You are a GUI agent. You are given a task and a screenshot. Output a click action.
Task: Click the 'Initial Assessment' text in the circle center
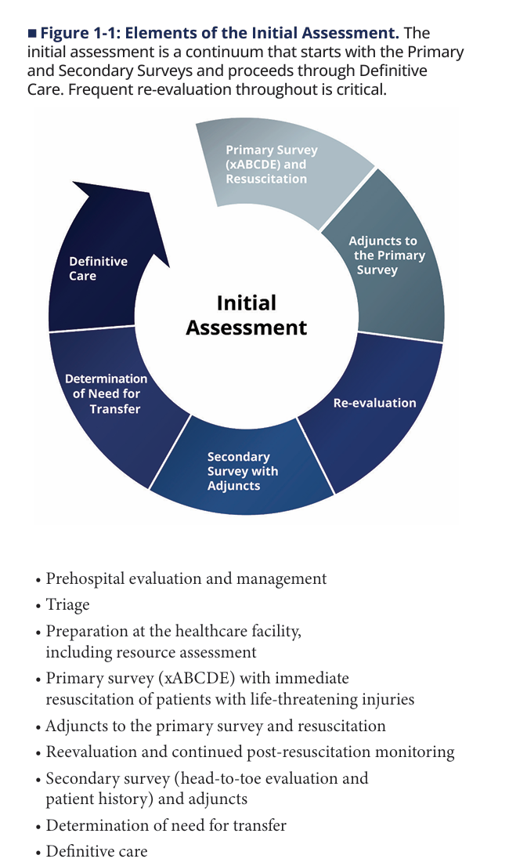pos(246,315)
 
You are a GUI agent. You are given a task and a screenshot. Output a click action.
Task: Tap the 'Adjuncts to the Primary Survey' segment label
pos(386,255)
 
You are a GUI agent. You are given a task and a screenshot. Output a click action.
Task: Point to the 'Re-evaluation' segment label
pos(375,403)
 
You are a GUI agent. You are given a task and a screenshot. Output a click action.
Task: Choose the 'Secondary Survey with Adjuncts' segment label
pos(242,471)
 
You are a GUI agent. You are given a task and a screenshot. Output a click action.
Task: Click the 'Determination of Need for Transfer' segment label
pos(106,393)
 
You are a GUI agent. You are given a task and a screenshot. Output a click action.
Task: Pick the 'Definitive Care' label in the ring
pos(98,268)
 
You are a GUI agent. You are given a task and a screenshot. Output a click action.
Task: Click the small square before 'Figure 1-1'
pos(32,34)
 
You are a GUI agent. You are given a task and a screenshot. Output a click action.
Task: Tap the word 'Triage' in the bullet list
pos(67,605)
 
